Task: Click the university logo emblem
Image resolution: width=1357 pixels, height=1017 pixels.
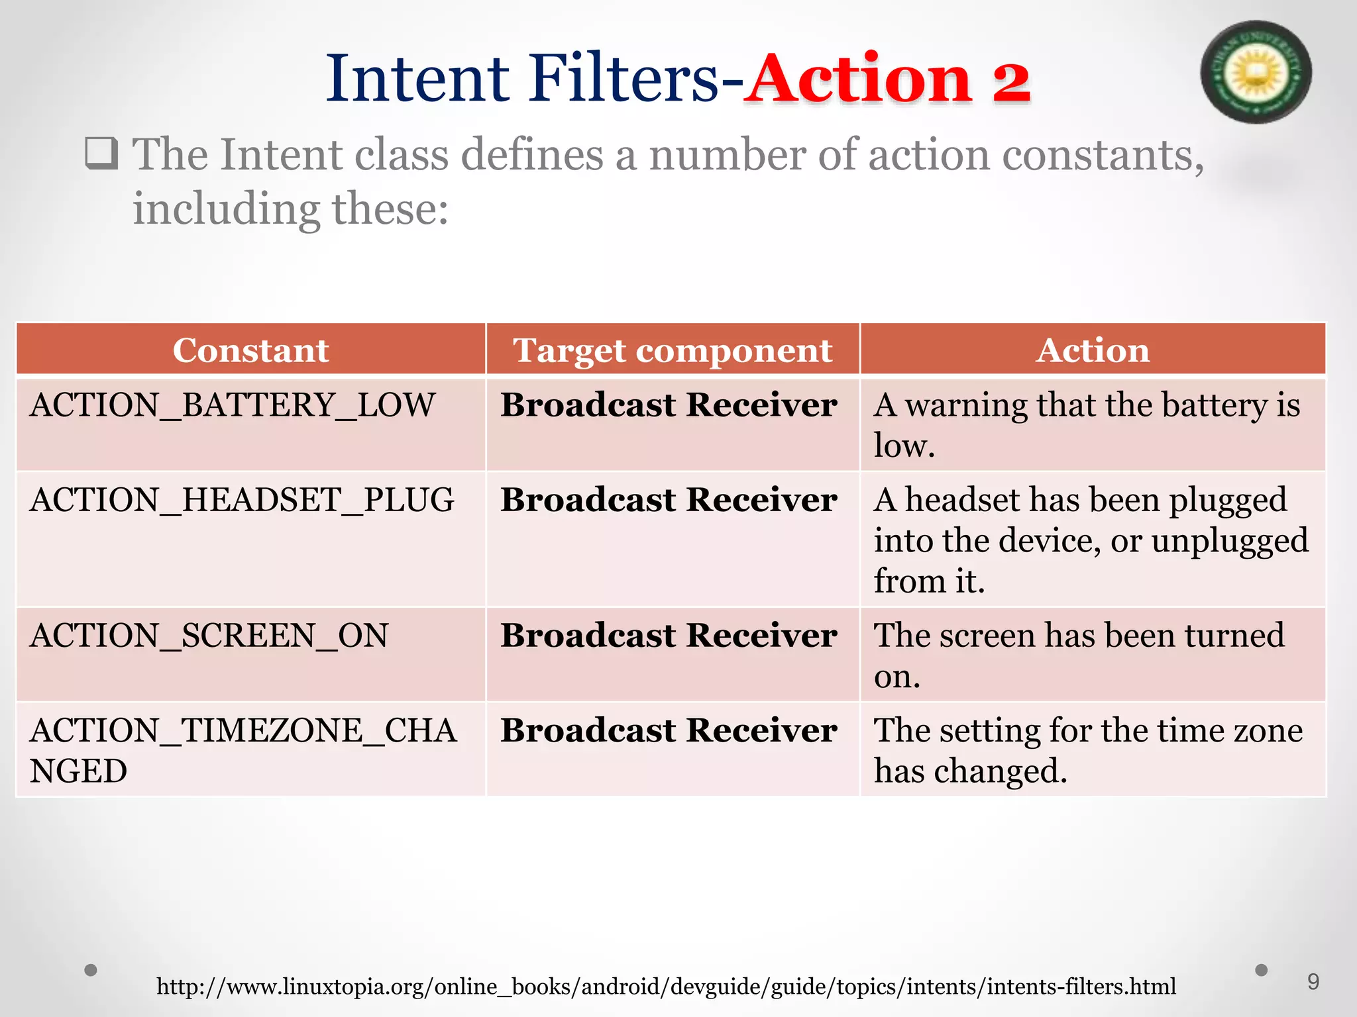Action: (1256, 72)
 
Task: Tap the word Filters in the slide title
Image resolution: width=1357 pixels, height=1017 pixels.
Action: (624, 79)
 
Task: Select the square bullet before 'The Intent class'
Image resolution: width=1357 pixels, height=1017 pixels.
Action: (101, 154)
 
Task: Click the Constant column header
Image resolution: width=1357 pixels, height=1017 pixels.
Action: (250, 350)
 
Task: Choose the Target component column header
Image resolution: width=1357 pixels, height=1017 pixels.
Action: (672, 350)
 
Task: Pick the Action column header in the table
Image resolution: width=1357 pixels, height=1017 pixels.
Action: (1093, 350)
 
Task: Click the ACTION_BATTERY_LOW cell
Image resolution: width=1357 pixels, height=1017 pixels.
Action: (233, 405)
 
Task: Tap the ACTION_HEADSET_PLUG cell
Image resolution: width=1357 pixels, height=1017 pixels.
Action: (242, 500)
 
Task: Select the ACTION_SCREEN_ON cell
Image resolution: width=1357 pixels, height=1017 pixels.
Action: (209, 636)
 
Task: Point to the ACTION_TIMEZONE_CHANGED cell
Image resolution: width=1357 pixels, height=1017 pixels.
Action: (243, 750)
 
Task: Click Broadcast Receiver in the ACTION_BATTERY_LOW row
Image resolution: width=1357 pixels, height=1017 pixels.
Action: (669, 405)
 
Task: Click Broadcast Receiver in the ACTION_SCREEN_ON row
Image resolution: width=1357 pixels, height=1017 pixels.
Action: (669, 636)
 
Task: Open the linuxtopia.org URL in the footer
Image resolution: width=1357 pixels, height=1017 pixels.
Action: (666, 987)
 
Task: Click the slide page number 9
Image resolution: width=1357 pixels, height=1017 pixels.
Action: (1313, 981)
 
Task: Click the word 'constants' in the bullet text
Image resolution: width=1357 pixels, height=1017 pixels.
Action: (1103, 155)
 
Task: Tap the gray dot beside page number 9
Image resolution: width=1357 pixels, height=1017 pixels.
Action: (1262, 970)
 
